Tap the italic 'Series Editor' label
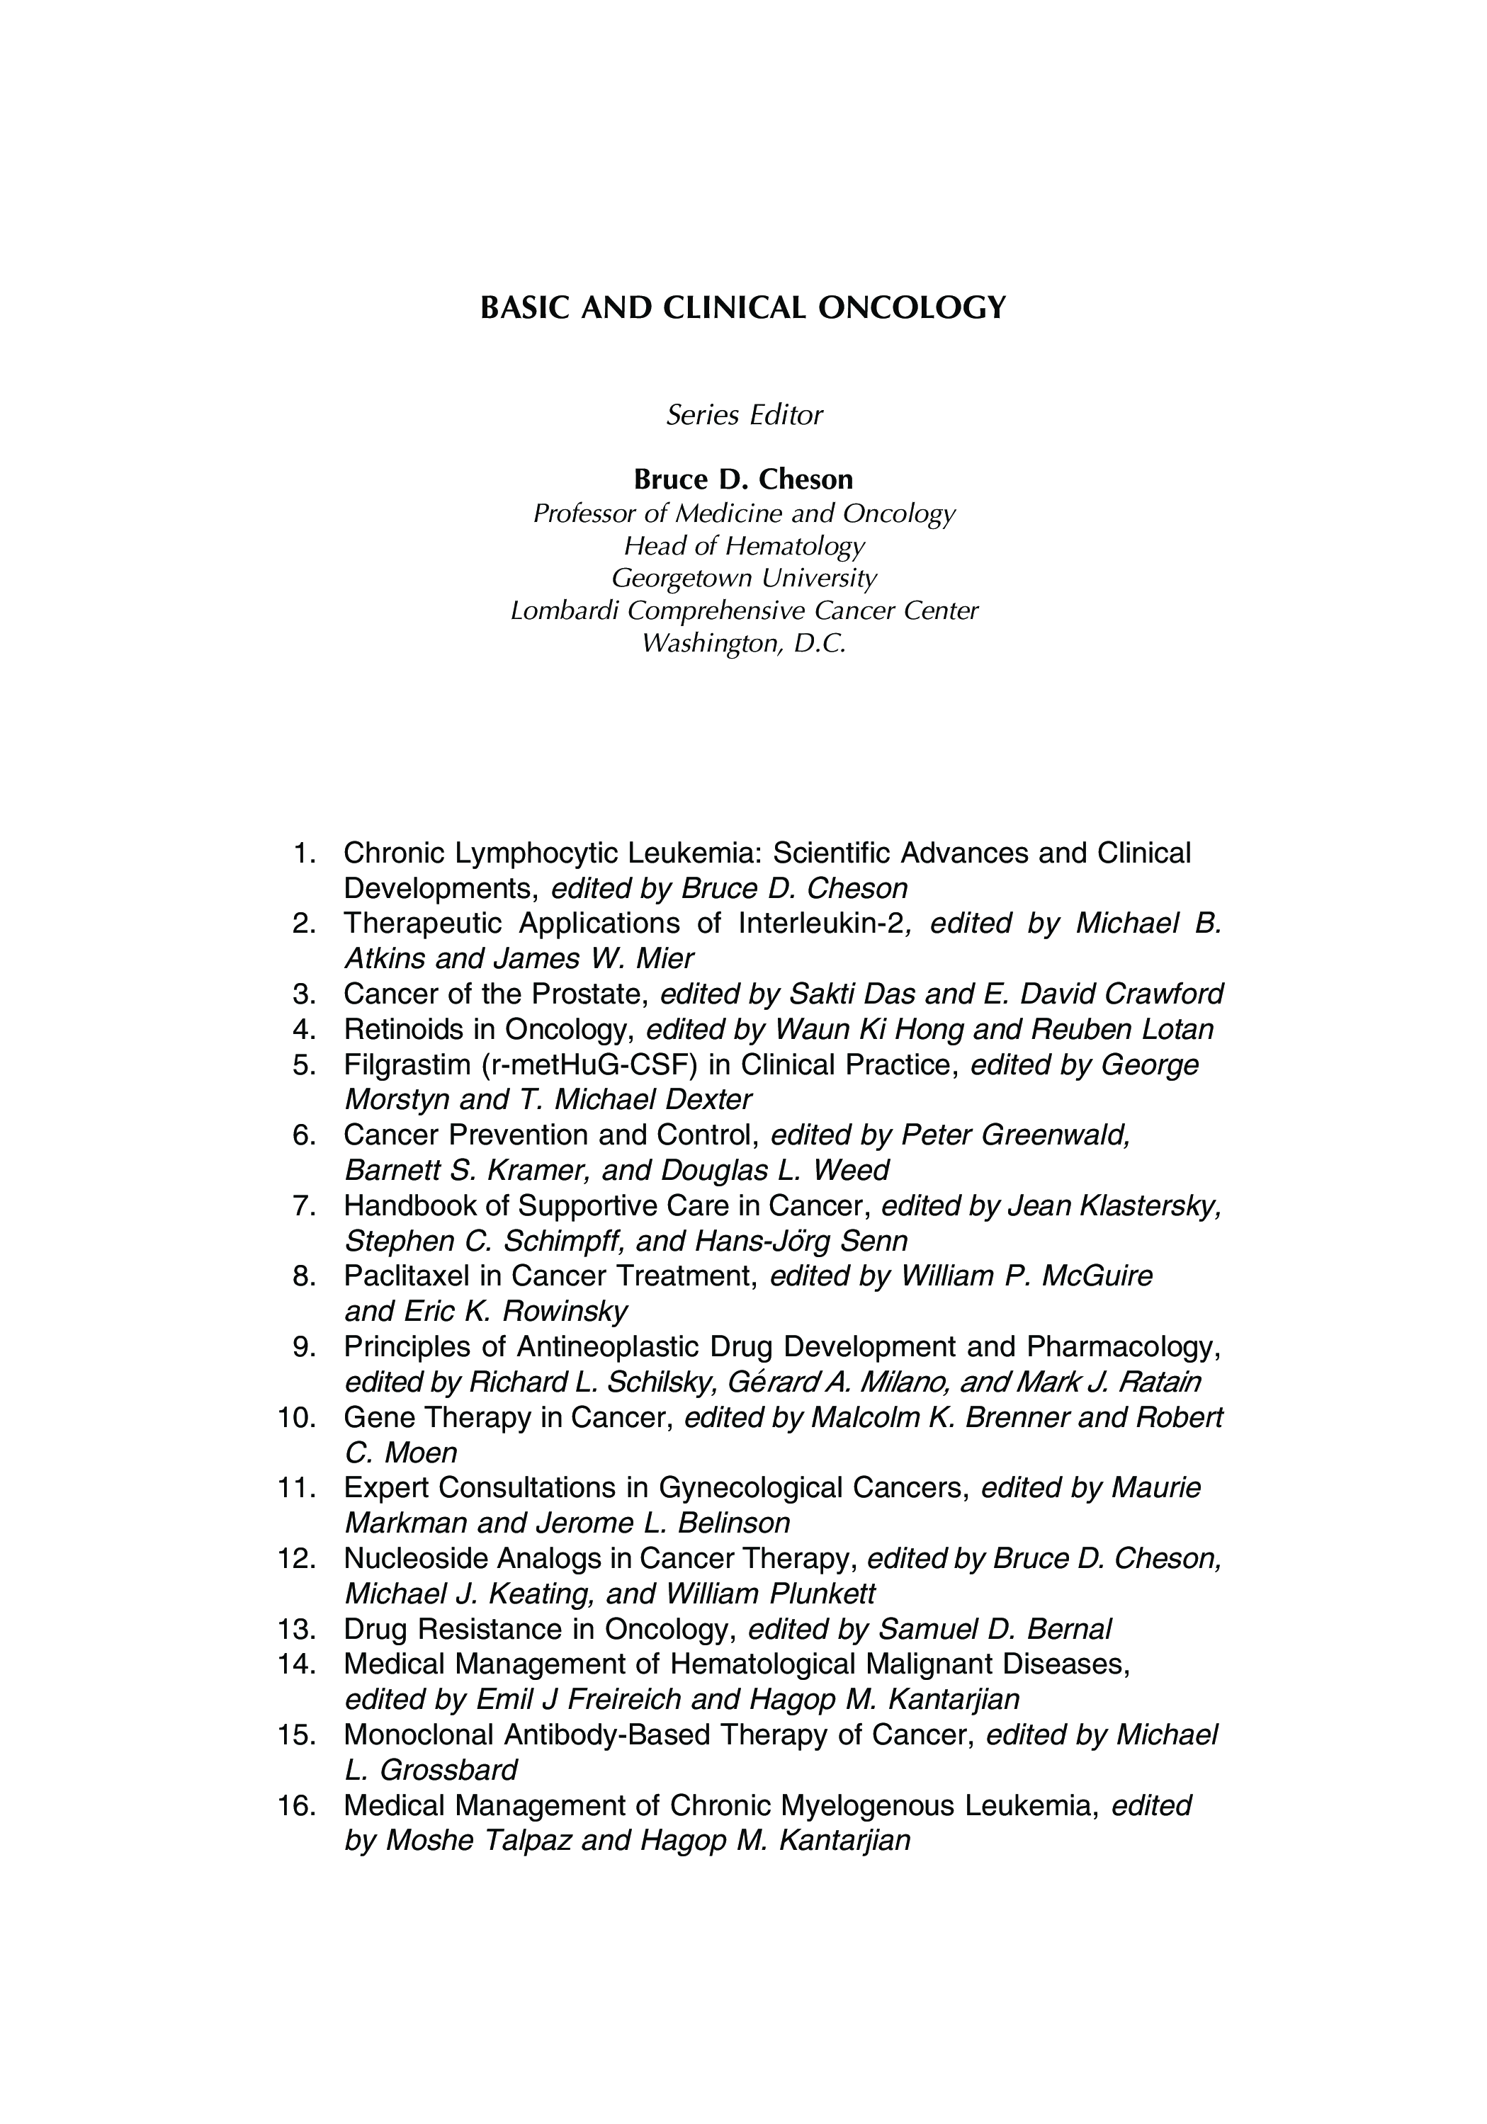pos(744,415)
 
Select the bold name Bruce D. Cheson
pos(743,479)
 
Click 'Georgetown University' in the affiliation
pos(744,578)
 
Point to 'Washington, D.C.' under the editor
pos(744,643)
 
